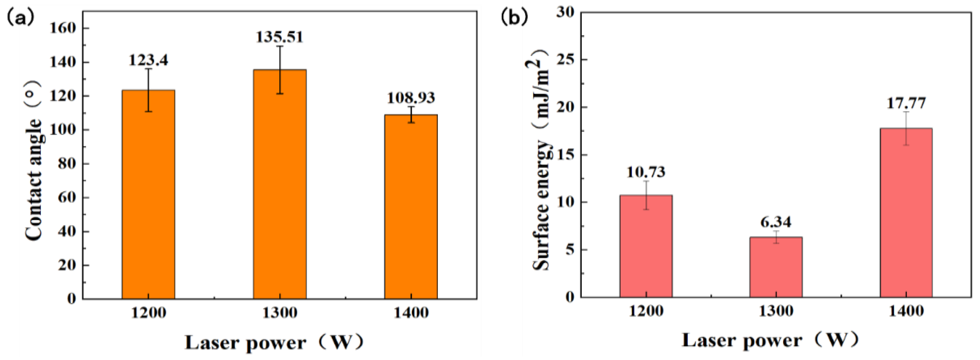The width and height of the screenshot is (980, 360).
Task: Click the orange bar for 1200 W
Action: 148,194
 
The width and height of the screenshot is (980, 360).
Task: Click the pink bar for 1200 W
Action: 646,246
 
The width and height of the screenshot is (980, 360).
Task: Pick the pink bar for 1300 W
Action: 776,267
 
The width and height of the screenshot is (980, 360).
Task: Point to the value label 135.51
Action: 280,37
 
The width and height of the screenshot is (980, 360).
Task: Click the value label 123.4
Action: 148,60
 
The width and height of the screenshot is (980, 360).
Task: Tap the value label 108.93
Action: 411,98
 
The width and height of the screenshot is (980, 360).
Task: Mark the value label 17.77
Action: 906,103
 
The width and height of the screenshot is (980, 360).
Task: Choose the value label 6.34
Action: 776,222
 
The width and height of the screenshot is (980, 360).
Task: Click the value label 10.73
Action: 646,172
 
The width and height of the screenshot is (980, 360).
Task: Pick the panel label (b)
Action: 514,17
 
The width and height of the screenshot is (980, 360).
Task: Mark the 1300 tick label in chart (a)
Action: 280,313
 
